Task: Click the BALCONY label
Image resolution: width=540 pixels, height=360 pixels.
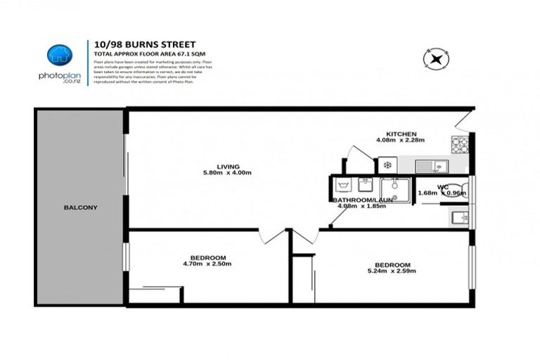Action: click(x=80, y=207)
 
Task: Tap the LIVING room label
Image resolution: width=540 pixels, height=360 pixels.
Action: click(x=224, y=167)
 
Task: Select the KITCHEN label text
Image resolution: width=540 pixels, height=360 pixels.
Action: click(x=402, y=134)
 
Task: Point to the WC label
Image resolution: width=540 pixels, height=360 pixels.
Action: click(x=443, y=186)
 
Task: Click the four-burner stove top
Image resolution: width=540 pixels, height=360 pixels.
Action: click(x=460, y=145)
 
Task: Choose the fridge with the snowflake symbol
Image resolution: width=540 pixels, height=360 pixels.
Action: click(x=387, y=166)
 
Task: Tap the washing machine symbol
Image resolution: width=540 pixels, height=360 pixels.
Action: click(x=344, y=186)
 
